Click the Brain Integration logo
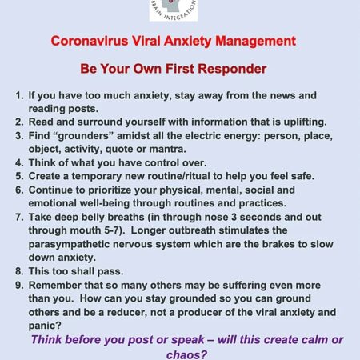(174, 10)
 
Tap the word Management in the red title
(256, 42)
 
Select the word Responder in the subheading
(232, 69)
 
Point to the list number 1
(19, 95)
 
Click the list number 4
(19, 163)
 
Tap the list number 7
(19, 218)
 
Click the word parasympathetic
(69, 245)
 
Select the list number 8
(19, 271)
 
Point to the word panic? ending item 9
(45, 326)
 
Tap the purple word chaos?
(186, 354)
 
